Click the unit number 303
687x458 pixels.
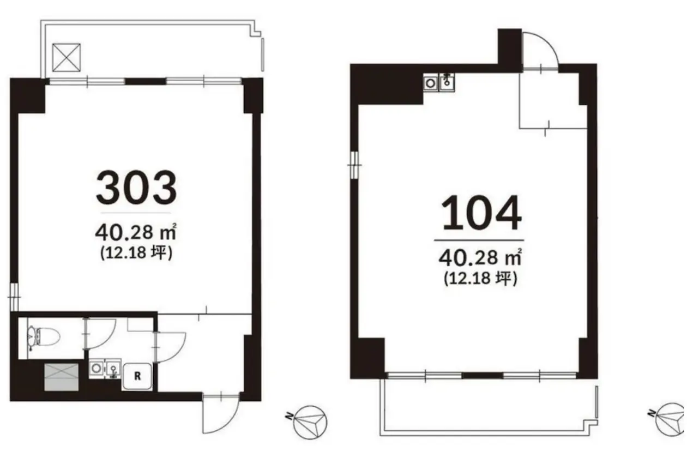pyautogui.click(x=136, y=187)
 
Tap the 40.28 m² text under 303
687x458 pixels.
pyautogui.click(x=136, y=232)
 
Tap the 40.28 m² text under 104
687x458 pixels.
pyautogui.click(x=480, y=257)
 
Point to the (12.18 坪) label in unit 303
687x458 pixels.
pyautogui.click(x=136, y=253)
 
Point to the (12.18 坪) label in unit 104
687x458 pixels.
pyautogui.click(x=480, y=279)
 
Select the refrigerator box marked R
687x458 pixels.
pyautogui.click(x=137, y=376)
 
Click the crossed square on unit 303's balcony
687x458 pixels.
pyautogui.click(x=67, y=57)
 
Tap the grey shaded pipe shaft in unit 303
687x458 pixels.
pyautogui.click(x=61, y=377)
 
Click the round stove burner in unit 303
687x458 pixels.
pyautogui.click(x=97, y=368)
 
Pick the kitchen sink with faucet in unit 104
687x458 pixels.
pyautogui.click(x=447, y=81)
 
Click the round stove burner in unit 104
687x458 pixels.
pyautogui.click(x=431, y=83)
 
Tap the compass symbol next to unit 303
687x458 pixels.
pyautogui.click(x=308, y=422)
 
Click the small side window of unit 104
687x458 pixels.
pyautogui.click(x=354, y=165)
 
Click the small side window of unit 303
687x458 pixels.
pyautogui.click(x=14, y=297)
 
